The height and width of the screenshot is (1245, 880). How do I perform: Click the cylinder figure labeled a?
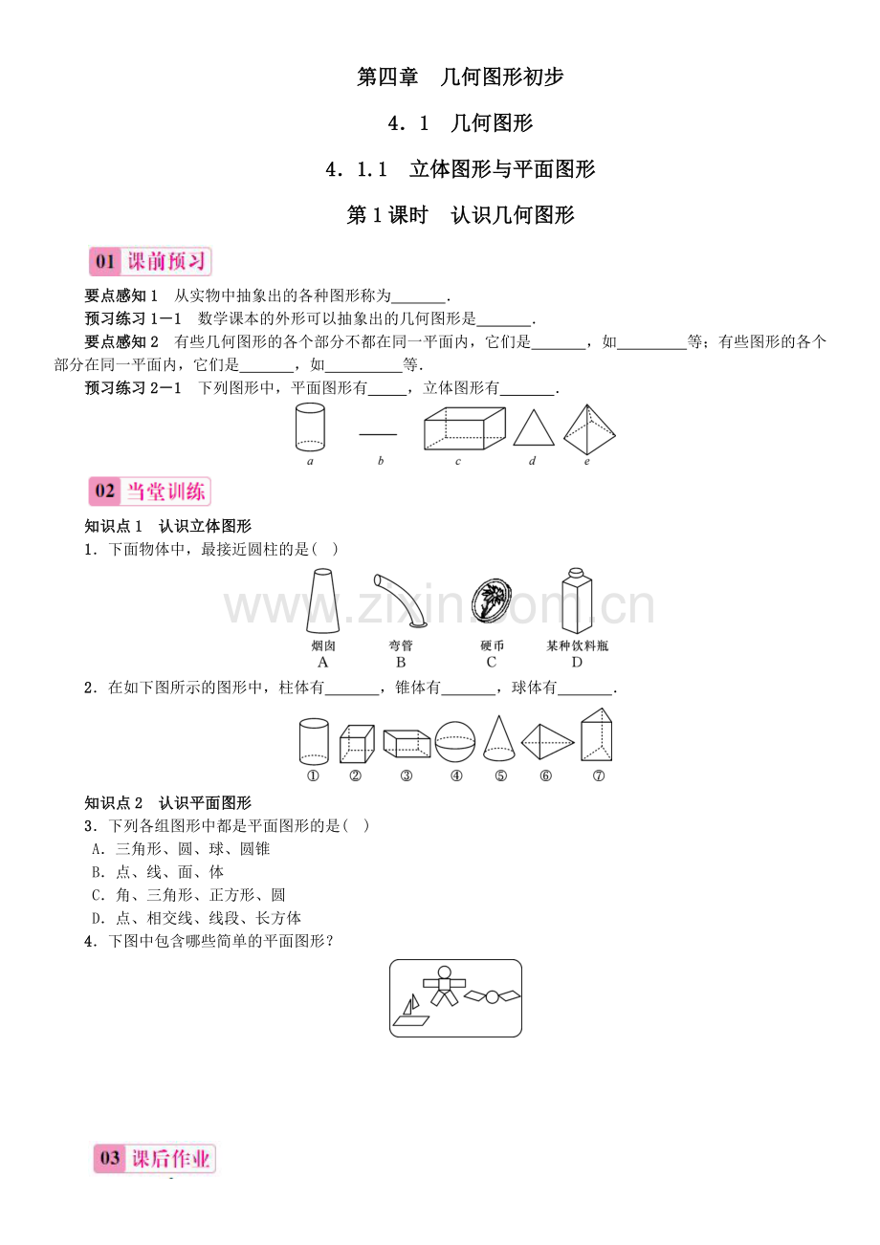[x=310, y=426]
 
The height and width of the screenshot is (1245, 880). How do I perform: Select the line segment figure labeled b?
[x=378, y=433]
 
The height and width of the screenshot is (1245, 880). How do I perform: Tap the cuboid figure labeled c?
[x=464, y=428]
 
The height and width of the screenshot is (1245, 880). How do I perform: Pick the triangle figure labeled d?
[x=533, y=428]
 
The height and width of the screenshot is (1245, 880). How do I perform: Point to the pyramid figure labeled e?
[x=589, y=429]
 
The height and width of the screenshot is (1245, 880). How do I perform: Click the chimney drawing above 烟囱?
[x=322, y=601]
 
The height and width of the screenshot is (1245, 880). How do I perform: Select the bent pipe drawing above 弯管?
[x=400, y=600]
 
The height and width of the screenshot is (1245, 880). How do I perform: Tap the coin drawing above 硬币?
[x=492, y=599]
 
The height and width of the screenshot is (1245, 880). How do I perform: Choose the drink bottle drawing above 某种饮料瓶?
[x=577, y=601]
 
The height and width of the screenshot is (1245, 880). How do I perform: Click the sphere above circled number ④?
[x=455, y=741]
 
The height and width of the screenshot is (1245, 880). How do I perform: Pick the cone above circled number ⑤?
[x=499, y=737]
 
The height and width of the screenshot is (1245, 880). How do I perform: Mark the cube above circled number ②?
[x=357, y=743]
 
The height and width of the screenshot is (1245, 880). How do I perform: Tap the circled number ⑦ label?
[x=598, y=775]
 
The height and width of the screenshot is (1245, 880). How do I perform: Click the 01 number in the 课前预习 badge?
[x=104, y=261]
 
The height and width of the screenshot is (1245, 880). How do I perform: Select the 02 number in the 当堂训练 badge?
[x=104, y=491]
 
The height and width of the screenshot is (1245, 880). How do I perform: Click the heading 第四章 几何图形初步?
[x=460, y=76]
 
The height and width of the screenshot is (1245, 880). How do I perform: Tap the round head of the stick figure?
[x=444, y=972]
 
